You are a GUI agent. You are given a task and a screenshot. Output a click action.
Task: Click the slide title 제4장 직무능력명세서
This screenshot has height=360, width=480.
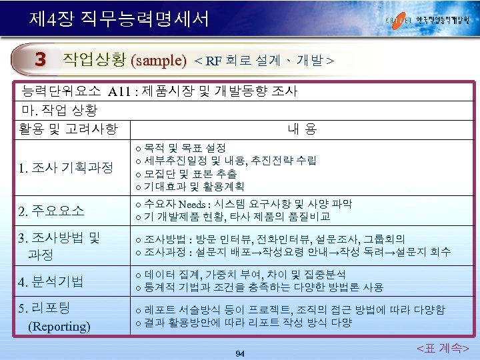tap(119, 17)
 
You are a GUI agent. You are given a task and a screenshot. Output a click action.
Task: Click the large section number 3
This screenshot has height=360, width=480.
tap(41, 60)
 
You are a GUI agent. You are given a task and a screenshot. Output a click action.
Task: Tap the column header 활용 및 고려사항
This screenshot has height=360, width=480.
tap(69, 127)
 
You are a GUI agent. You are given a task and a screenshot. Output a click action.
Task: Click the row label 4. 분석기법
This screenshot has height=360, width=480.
tap(51, 281)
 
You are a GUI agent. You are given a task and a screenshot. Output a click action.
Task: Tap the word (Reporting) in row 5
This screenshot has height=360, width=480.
tap(59, 326)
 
